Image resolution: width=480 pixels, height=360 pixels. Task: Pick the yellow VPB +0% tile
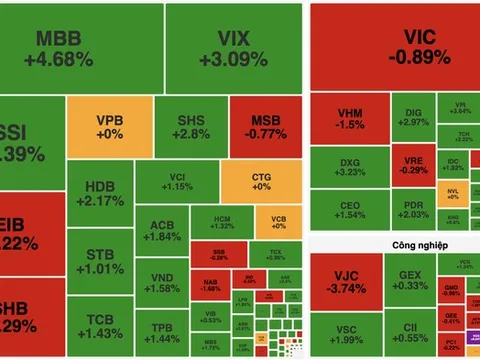[109, 128]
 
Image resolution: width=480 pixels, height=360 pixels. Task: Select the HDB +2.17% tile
[100, 193]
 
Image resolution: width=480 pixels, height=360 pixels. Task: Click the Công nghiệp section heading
[393, 243]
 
